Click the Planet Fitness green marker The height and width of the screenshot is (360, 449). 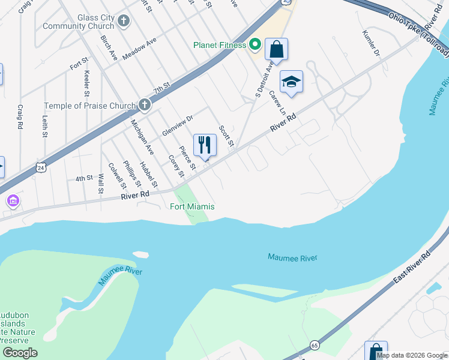tap(255, 44)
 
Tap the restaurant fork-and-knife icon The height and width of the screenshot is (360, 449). tap(205, 145)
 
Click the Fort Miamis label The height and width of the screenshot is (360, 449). tap(192, 207)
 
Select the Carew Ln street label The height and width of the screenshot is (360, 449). tap(277, 103)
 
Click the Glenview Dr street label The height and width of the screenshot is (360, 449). tap(177, 125)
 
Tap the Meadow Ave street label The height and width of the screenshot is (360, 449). tap(139, 49)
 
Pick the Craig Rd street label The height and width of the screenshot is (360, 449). tap(20, 116)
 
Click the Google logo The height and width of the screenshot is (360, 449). tap(20, 353)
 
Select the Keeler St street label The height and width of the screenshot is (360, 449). tap(87, 83)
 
